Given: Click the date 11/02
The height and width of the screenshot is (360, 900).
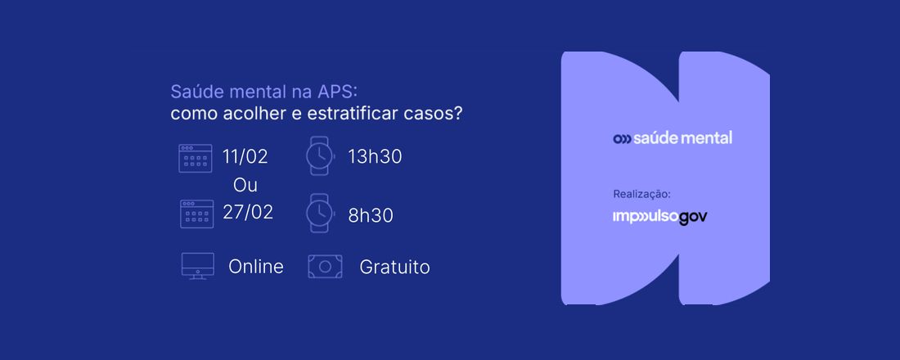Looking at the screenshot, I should tap(245, 156).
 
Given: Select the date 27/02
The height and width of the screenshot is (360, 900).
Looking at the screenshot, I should tap(247, 212).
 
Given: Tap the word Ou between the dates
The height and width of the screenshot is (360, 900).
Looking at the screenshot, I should tap(245, 185).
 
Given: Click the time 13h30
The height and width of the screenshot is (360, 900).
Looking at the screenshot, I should tap(374, 156).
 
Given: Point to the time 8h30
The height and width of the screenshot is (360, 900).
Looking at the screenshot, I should tap(370, 215).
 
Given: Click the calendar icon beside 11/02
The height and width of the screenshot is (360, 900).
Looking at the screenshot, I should tap(196, 158).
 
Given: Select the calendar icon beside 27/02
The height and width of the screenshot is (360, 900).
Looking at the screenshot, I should tap(196, 214).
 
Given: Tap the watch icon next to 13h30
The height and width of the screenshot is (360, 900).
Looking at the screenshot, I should tap(319, 155).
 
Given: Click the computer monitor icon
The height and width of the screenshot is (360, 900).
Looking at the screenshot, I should tap(197, 266).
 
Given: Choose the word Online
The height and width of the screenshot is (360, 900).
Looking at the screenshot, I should tap(256, 267).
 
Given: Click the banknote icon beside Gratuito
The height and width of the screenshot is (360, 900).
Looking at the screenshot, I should tap(324, 266).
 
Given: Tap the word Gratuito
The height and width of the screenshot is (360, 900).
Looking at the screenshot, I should tap(394, 267).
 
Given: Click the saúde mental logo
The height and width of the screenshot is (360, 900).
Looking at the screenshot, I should tap(673, 137).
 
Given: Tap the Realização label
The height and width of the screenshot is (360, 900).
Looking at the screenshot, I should tap(641, 194).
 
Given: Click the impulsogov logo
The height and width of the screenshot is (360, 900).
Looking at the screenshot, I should tap(659, 217).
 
